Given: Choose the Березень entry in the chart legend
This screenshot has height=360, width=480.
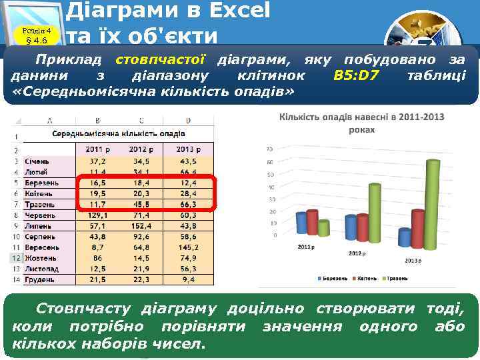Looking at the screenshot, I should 333,277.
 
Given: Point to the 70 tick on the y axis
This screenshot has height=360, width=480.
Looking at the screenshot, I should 269,149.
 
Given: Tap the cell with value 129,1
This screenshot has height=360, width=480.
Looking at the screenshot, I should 98,215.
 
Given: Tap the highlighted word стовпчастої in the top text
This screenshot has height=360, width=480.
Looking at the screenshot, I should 160,61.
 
